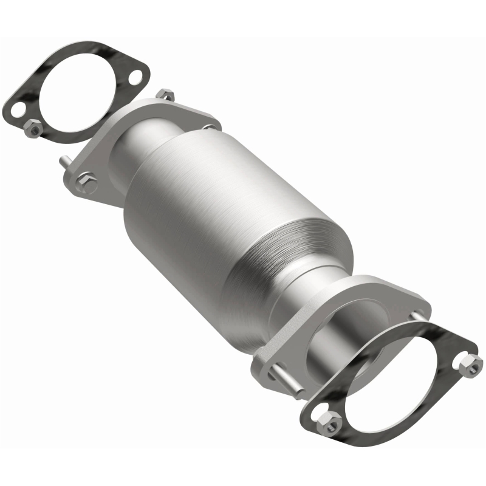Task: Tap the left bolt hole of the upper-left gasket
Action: click(x=18, y=111)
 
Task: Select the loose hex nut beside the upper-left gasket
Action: click(x=34, y=129)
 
